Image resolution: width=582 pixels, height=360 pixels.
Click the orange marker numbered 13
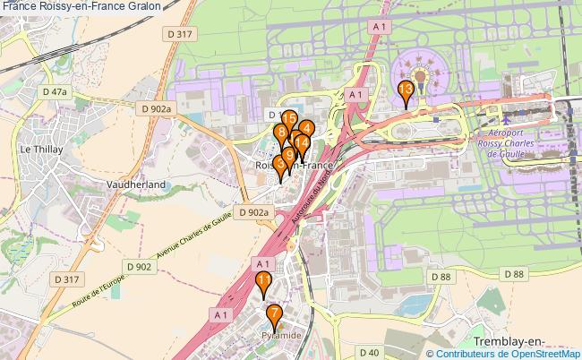405,90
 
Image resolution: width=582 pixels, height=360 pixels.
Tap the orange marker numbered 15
288,119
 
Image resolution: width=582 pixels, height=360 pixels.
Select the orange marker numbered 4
306,129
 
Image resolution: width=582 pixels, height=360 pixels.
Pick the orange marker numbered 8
281,134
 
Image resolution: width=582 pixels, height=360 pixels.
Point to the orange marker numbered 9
288,155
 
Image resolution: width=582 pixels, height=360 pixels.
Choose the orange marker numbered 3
280,165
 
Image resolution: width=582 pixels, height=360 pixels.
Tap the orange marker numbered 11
264,282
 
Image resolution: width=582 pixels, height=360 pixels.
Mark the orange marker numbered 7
274,313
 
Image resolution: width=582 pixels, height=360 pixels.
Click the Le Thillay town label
39,149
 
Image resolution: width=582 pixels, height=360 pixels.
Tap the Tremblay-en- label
508,343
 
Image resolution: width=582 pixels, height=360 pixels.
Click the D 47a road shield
55,91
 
